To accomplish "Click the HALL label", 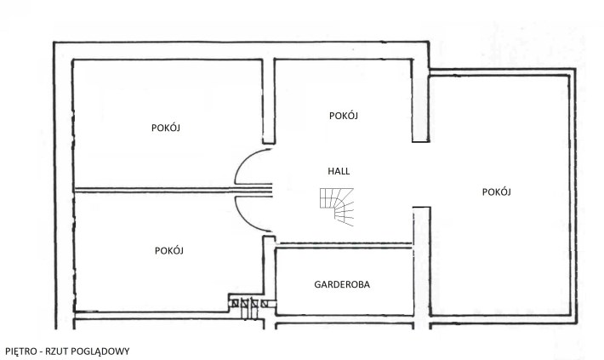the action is tap(339, 171).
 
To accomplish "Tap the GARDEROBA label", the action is tap(342, 284).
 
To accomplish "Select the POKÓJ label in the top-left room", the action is tap(166, 128).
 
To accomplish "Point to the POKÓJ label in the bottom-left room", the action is tap(169, 250).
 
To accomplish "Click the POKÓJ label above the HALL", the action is tap(344, 116).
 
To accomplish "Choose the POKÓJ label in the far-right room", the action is tap(497, 192).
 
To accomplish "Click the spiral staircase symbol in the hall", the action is tap(337, 207).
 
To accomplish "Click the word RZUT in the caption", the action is tap(55, 351).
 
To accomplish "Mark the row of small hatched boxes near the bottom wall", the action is tap(249, 304).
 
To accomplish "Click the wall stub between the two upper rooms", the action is tap(269, 101).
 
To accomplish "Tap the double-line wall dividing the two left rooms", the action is tap(174, 190).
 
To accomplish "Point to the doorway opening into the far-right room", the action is tap(421, 174).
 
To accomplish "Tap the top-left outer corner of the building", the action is tap(54, 42).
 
